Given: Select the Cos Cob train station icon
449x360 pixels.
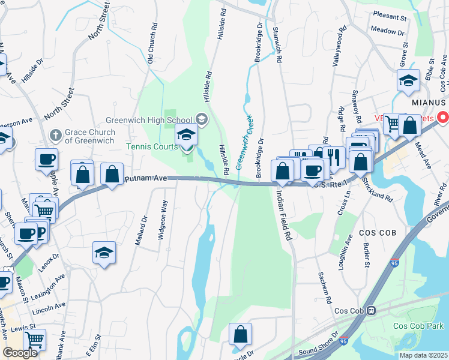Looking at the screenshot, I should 372,311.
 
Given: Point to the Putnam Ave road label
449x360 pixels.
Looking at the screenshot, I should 145,179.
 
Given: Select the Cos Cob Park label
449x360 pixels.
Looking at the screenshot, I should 418,326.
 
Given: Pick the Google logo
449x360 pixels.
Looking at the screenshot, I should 20,353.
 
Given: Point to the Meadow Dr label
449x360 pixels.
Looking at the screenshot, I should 388,29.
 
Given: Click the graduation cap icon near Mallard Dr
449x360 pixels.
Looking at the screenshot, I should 104,253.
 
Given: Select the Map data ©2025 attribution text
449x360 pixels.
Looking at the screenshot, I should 424,355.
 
